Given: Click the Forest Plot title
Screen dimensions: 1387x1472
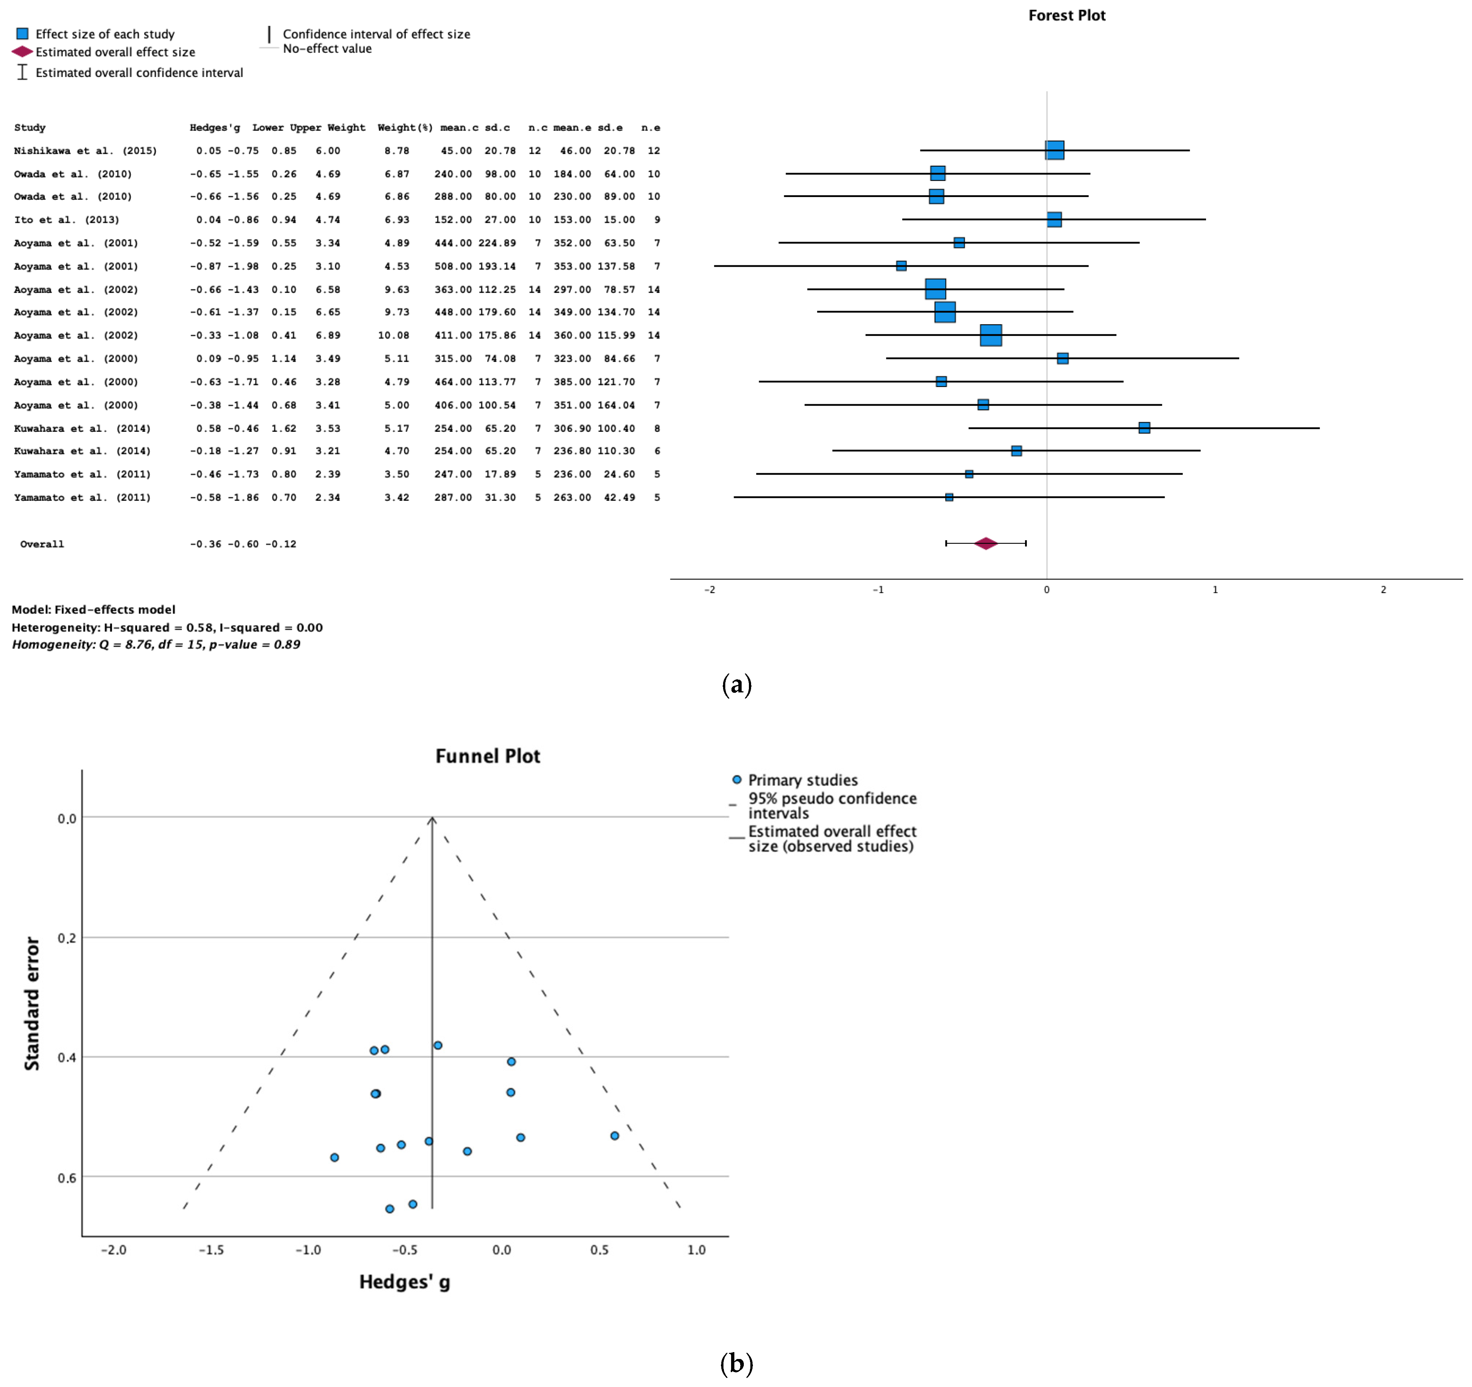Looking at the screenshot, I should click(1066, 16).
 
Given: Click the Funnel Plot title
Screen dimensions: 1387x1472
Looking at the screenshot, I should click(487, 756).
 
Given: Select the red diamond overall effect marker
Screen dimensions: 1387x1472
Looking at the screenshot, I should click(985, 543).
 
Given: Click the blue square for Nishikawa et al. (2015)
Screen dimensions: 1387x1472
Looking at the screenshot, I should click(1054, 150).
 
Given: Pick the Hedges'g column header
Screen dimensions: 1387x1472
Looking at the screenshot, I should click(215, 127).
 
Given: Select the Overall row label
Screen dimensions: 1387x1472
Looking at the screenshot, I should click(42, 544).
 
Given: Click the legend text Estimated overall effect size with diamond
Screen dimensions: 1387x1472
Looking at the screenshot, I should click(115, 52).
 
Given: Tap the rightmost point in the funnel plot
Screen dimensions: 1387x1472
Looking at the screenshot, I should click(614, 1136).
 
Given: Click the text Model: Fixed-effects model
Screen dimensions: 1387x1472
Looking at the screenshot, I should click(93, 610).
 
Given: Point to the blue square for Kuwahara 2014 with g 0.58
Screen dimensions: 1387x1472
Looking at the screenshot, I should click(1144, 428).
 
